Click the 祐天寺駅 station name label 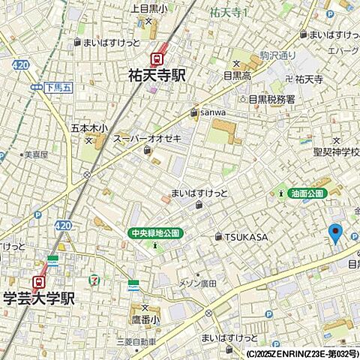(x=157, y=76)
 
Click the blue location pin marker (x=335, y=233)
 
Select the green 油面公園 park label (x=307, y=193)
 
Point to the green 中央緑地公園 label (x=154, y=233)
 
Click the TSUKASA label (x=247, y=237)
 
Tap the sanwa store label (x=212, y=113)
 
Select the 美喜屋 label (x=35, y=155)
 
